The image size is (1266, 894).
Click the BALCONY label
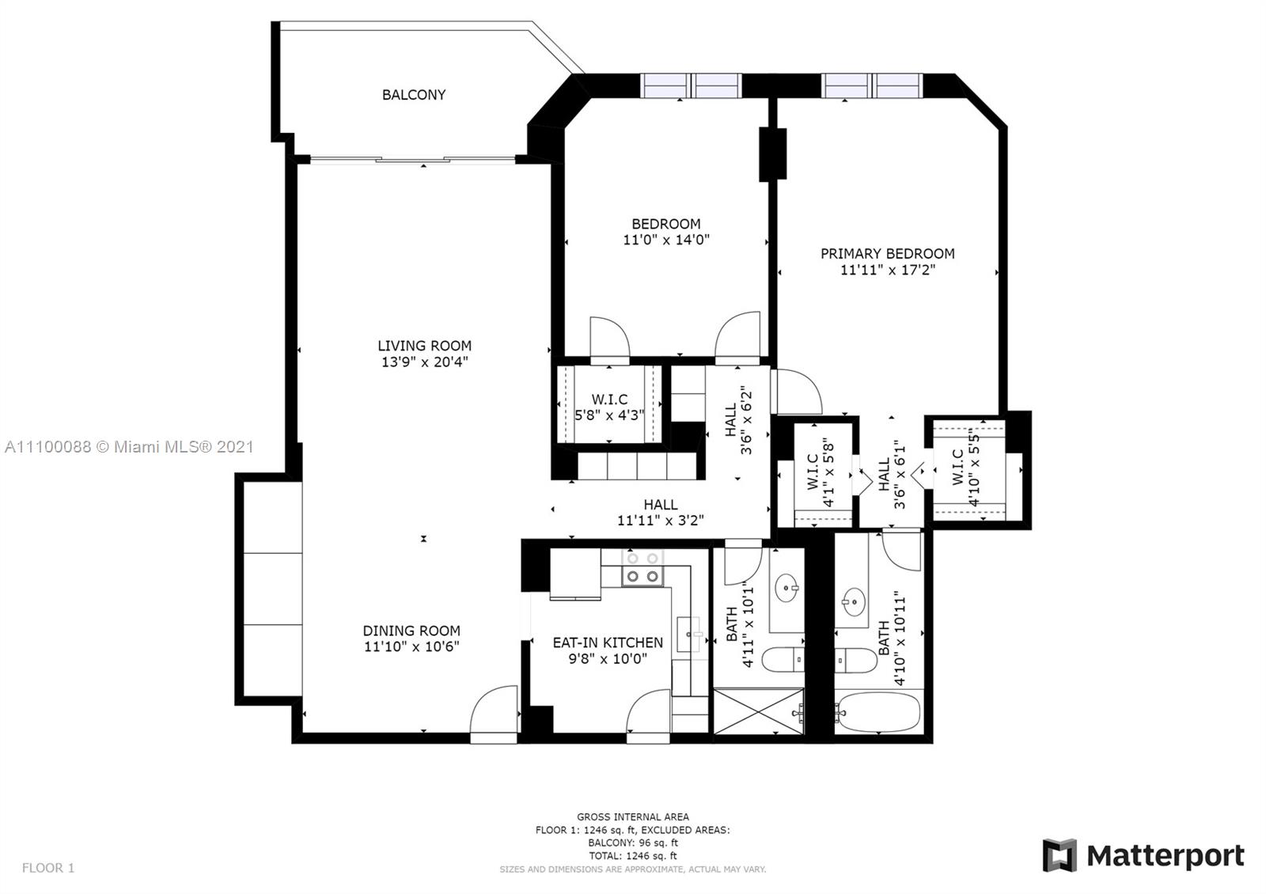(x=414, y=95)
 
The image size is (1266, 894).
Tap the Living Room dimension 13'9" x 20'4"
(x=424, y=362)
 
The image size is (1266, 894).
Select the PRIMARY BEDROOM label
(x=887, y=254)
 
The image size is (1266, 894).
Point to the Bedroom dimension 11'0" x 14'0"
(x=665, y=240)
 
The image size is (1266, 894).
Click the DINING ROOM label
(x=411, y=631)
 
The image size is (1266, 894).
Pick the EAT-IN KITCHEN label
(x=608, y=642)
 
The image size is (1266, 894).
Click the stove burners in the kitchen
(x=642, y=568)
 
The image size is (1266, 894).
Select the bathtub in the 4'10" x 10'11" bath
(x=878, y=713)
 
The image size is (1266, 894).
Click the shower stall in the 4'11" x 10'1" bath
(x=759, y=711)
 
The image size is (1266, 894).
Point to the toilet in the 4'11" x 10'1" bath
(x=783, y=659)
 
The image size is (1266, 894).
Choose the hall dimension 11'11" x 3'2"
(x=660, y=521)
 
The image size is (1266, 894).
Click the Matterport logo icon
(x=1059, y=855)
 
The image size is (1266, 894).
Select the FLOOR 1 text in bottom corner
(x=48, y=867)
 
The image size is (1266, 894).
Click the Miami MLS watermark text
(x=129, y=447)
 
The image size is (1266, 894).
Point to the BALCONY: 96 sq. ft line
(x=632, y=843)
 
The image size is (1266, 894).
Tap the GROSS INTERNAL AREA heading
(x=632, y=816)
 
